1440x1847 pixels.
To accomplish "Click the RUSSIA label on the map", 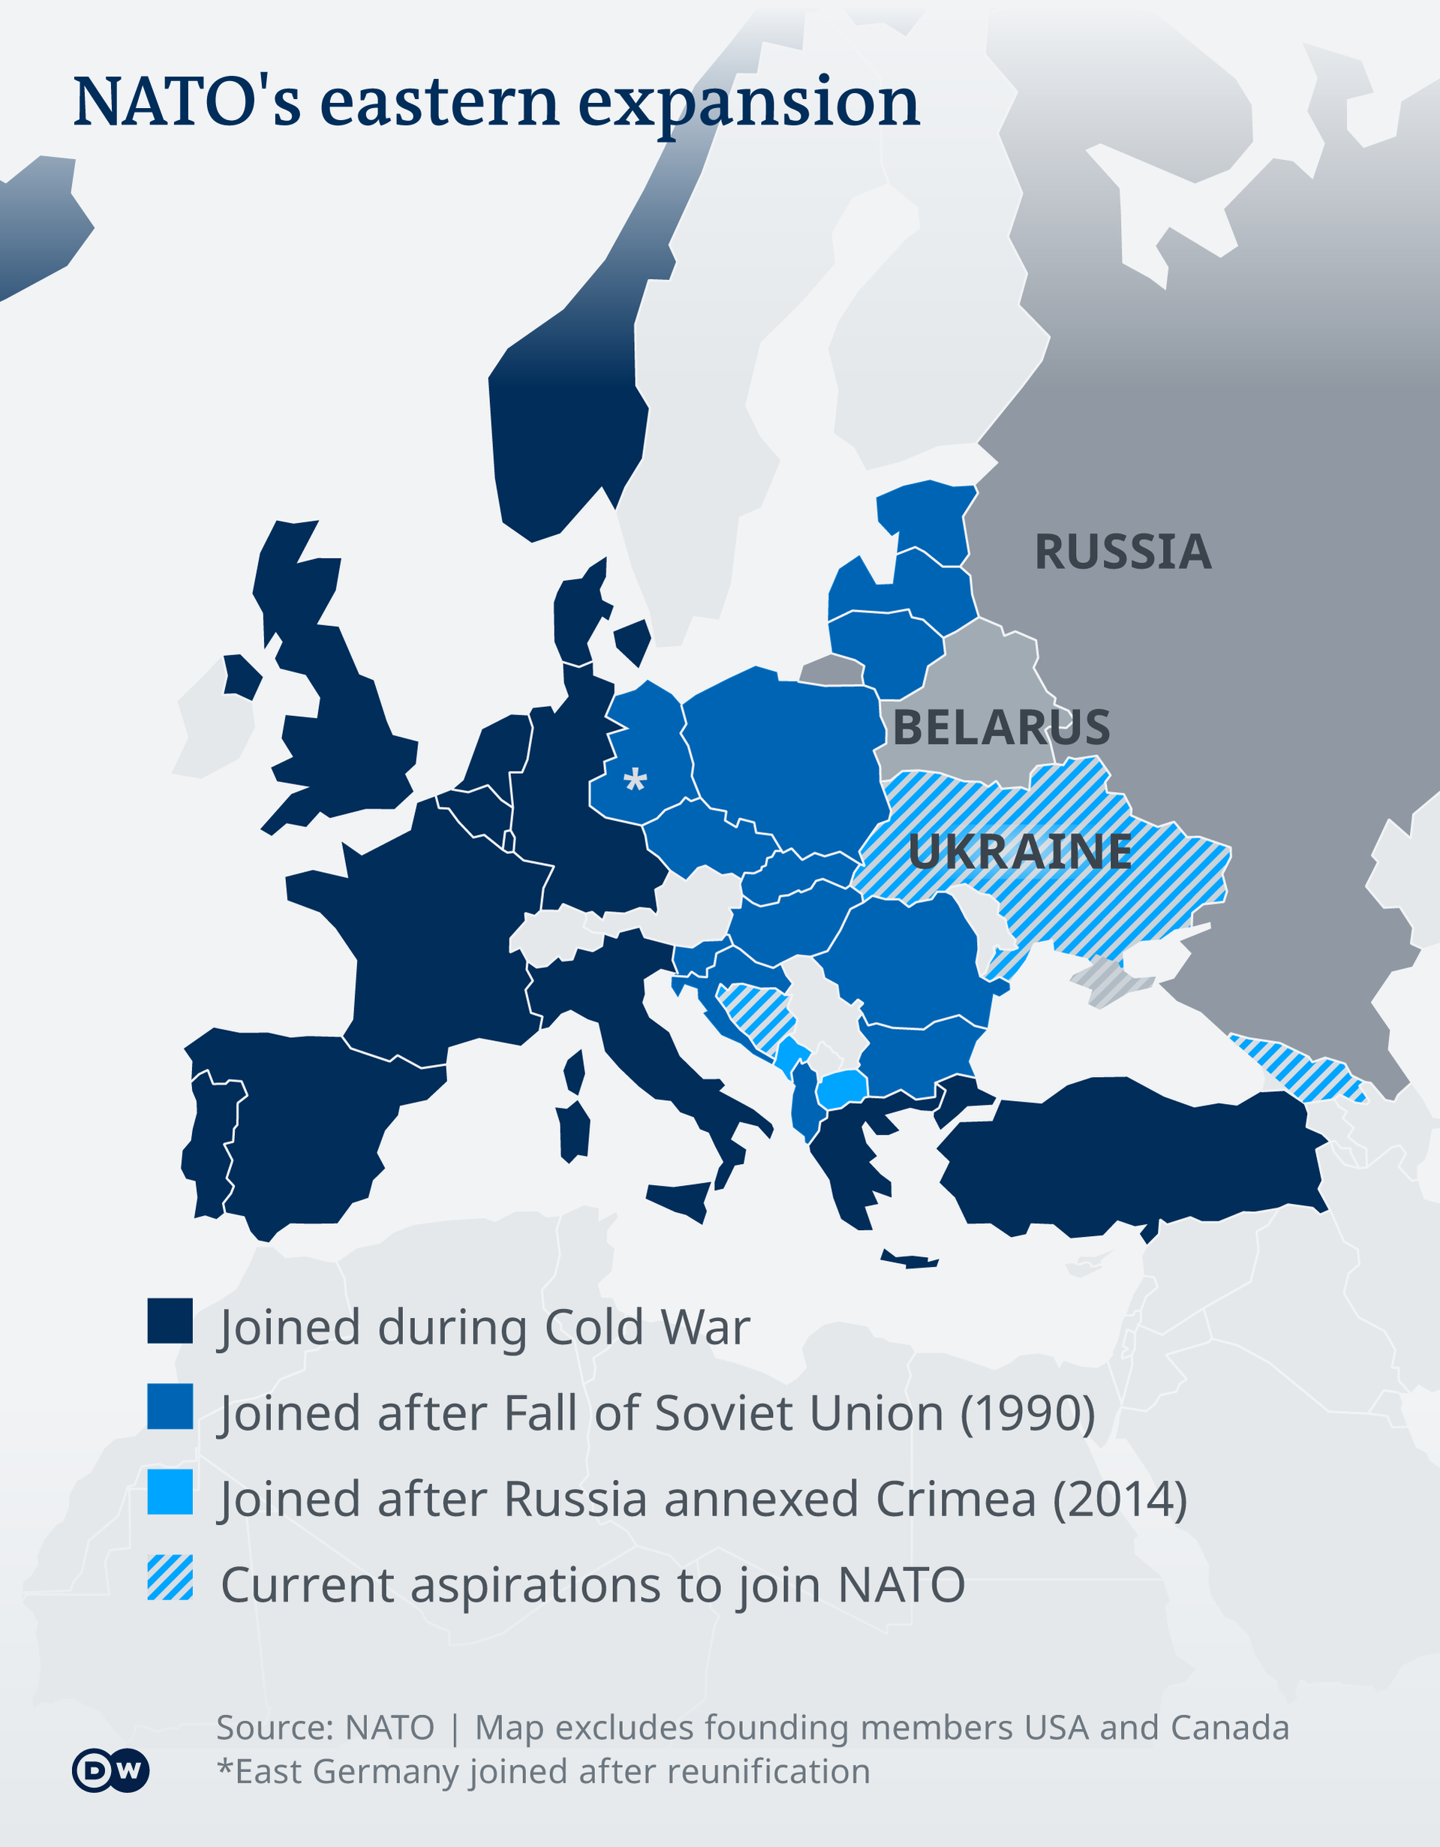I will click(1123, 552).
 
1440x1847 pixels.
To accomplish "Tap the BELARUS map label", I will click(1001, 727).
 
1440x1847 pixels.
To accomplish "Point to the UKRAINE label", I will click(1020, 851).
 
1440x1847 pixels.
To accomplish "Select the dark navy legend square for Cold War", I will click(170, 1321).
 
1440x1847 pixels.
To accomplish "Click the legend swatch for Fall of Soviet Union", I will click(170, 1406).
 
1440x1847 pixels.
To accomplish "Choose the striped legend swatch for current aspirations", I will click(170, 1578).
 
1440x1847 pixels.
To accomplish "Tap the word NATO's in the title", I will click(187, 102).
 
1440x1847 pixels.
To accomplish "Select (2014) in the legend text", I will click(1120, 1500).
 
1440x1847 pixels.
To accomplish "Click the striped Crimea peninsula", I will click(1112, 981).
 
